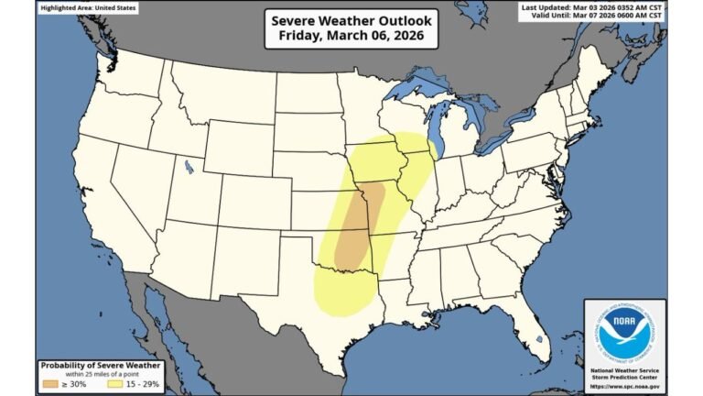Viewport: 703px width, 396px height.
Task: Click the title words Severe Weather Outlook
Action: point(351,20)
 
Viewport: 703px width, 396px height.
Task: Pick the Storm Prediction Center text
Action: point(625,376)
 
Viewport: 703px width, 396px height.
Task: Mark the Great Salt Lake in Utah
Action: point(189,168)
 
